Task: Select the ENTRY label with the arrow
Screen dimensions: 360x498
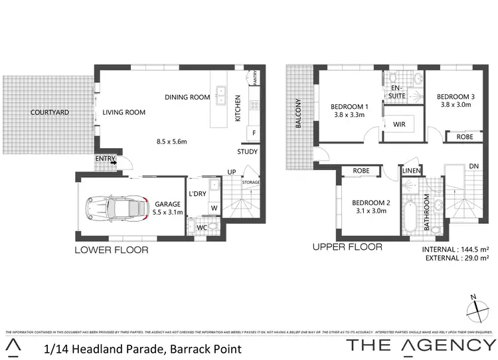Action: [x=106, y=159]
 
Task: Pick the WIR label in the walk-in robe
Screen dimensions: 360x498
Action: [x=400, y=124]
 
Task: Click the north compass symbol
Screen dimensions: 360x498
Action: [x=475, y=308]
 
